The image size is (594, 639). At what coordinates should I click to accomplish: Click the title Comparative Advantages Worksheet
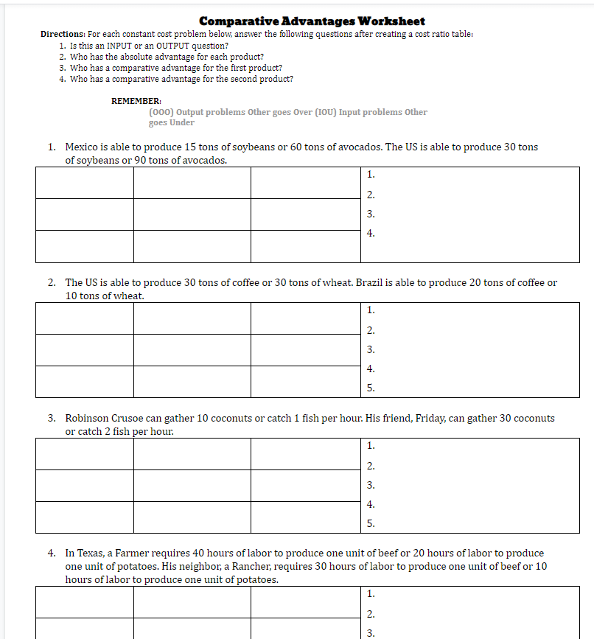[x=312, y=21]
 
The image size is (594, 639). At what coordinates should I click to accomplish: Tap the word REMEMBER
[x=136, y=101]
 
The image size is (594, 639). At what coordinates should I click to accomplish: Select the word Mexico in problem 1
[x=82, y=147]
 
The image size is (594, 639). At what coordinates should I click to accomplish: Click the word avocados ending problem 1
[x=203, y=161]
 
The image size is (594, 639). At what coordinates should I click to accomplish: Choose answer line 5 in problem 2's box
[x=371, y=388]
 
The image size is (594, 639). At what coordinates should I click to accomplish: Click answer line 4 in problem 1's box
[x=371, y=234]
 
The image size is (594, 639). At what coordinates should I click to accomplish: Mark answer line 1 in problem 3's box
[x=371, y=445]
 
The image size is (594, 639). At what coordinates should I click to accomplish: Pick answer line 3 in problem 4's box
[x=371, y=632]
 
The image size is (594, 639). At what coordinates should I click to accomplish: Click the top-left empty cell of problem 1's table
[x=84, y=183]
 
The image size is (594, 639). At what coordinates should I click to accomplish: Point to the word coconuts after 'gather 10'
[x=231, y=419]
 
